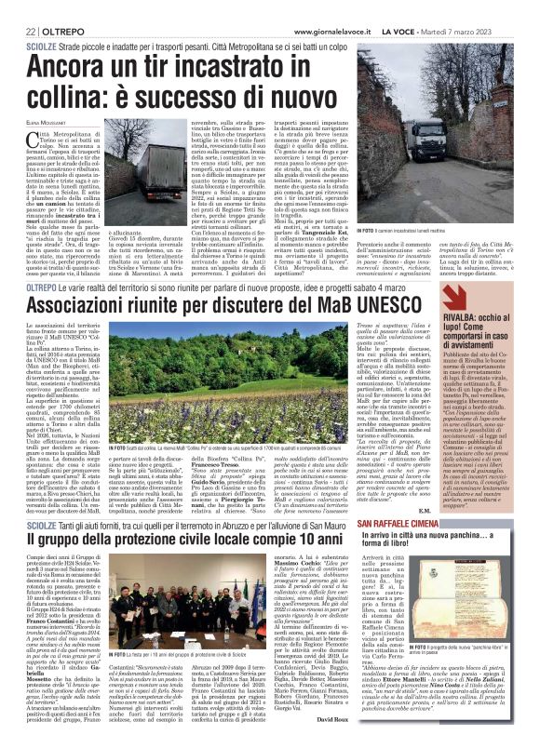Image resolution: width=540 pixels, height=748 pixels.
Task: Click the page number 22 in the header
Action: tap(19, 9)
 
